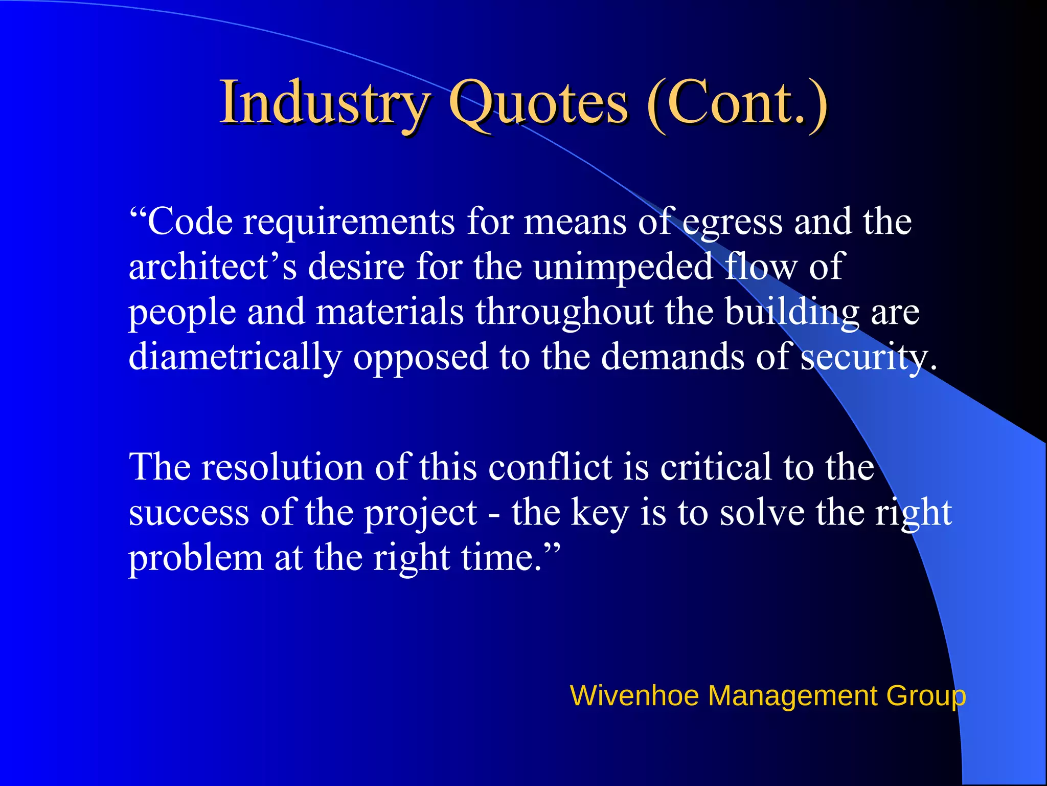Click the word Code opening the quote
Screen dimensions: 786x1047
click(189, 222)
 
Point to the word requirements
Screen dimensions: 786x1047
click(349, 223)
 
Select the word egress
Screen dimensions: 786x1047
click(732, 223)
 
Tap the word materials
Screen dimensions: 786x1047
click(390, 312)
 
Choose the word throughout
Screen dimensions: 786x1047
click(564, 312)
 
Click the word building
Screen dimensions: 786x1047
click(792, 312)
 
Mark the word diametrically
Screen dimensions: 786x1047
click(235, 357)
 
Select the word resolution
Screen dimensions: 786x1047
click(282, 467)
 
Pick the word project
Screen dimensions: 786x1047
click(420, 513)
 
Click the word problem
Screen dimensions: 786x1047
click(195, 558)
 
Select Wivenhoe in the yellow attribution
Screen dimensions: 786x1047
click(634, 696)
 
